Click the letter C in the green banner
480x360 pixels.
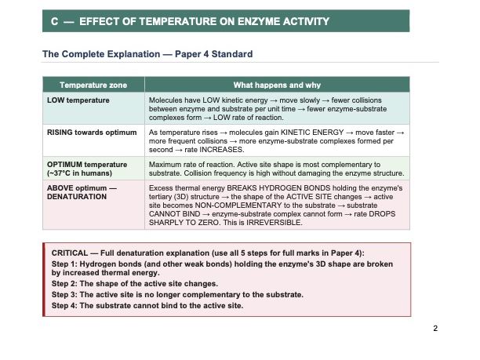54,21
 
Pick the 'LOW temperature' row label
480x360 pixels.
78,100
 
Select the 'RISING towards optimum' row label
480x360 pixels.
91,133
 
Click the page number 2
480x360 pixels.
435,328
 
